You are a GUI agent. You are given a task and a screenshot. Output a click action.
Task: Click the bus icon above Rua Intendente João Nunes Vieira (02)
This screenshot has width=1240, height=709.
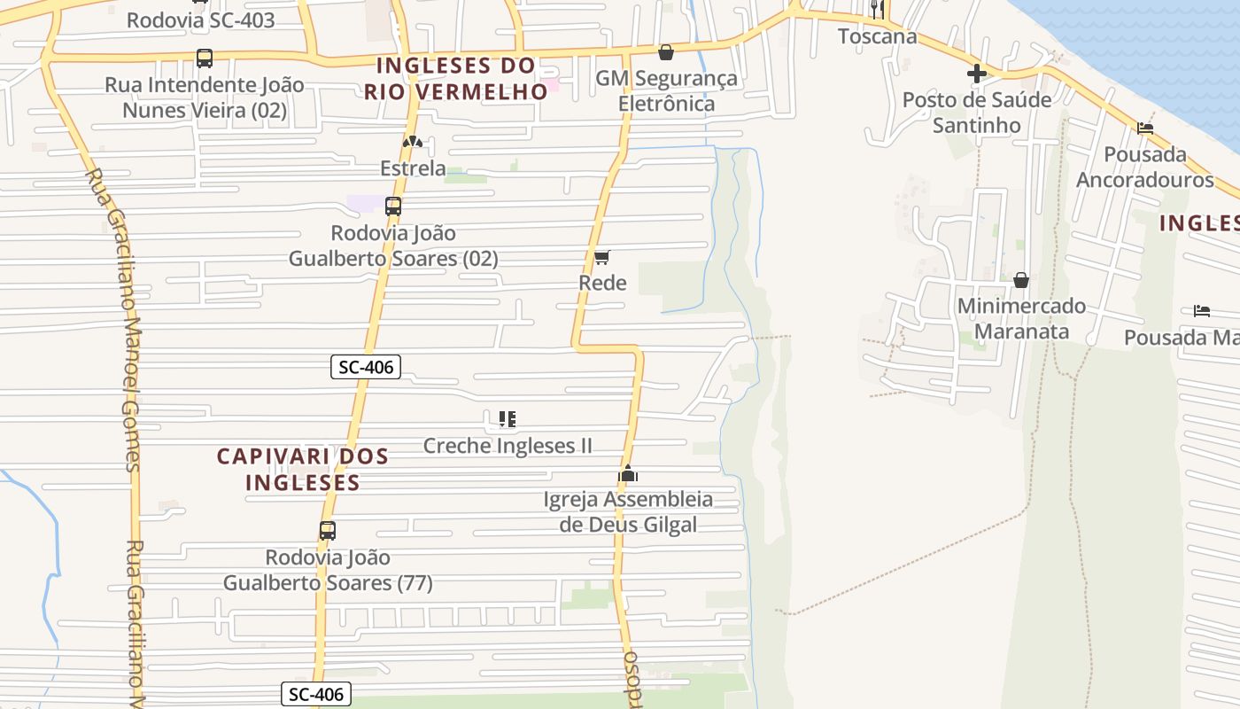click(x=205, y=58)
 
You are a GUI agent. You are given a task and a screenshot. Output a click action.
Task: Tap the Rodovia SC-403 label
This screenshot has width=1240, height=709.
click(x=200, y=19)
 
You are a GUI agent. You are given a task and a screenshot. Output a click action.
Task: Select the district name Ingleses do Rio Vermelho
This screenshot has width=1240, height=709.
click(x=456, y=78)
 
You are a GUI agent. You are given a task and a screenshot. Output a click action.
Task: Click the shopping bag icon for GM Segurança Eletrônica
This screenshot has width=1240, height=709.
click(x=666, y=52)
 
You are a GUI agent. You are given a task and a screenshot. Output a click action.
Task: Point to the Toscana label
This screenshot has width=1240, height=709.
click(x=877, y=36)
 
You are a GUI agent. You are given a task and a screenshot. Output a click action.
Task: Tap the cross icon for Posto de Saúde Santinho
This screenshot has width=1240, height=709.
click(x=977, y=74)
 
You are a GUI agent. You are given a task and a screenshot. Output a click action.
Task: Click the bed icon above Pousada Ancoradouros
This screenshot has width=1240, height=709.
click(x=1145, y=128)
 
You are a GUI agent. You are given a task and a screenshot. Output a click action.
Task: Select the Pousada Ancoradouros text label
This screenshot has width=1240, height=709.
click(x=1144, y=167)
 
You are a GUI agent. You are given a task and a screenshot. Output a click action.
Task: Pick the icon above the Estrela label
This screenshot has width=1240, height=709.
click(x=412, y=142)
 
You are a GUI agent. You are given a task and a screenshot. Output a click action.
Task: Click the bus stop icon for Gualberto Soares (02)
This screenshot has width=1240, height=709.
click(x=393, y=206)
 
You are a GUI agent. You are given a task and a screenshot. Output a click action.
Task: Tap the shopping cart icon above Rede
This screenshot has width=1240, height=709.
click(x=602, y=257)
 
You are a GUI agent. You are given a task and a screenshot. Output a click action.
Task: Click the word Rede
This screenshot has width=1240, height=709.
click(x=602, y=283)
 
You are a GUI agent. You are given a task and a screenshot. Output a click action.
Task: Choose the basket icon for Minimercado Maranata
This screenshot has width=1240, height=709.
click(x=1021, y=280)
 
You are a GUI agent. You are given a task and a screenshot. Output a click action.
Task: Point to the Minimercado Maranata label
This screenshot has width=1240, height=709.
click(x=1021, y=318)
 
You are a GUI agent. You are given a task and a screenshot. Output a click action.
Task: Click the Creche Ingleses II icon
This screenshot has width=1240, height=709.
click(x=508, y=418)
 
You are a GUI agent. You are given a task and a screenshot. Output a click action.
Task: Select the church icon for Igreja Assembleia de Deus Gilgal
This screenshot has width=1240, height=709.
click(x=628, y=474)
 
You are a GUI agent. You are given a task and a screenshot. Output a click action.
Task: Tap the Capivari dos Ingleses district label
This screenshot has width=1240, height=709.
click(x=303, y=469)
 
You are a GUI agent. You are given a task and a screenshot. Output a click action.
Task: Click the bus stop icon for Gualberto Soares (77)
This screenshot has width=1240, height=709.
click(x=328, y=531)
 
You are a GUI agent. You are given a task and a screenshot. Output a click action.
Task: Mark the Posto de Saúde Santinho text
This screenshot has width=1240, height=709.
click(x=977, y=112)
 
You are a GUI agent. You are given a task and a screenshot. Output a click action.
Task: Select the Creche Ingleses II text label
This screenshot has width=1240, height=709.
click(x=508, y=445)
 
